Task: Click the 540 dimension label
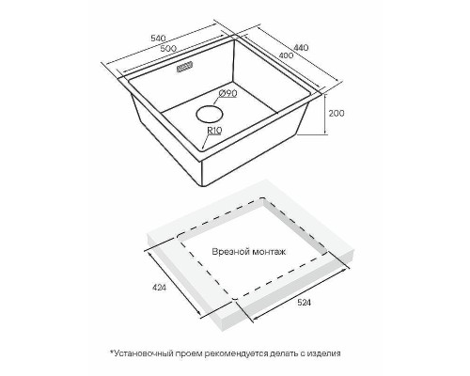click(x=158, y=39)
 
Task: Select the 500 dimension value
click(x=168, y=49)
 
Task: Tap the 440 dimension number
click(x=302, y=47)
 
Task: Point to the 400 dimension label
click(x=286, y=55)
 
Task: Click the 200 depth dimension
click(x=337, y=113)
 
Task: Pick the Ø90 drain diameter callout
click(x=227, y=93)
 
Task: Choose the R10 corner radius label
click(x=214, y=130)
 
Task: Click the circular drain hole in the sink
click(x=210, y=115)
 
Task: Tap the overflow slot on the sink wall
click(x=185, y=67)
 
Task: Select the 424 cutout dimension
click(x=160, y=287)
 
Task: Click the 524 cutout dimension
click(x=303, y=303)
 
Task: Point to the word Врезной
click(x=227, y=252)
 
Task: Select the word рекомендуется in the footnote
click(x=236, y=353)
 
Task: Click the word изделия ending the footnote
click(x=323, y=353)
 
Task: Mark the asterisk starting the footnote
click(x=111, y=352)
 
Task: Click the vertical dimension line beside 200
click(x=325, y=114)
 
